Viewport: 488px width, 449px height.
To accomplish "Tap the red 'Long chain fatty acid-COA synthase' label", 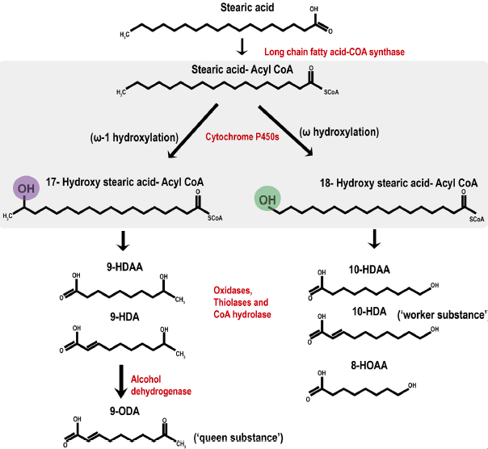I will (334, 52).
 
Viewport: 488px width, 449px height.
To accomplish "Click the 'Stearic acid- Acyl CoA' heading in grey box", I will (242, 69).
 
